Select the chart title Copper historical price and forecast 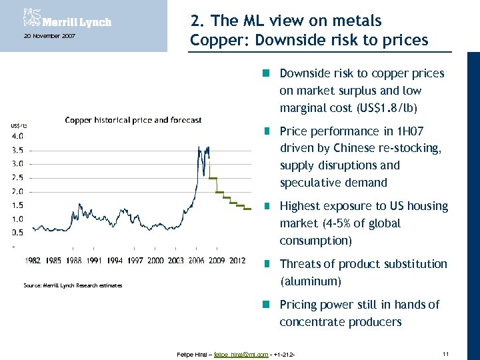[x=133, y=120]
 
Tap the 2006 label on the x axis [x=195, y=260]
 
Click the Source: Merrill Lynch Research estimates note [x=73, y=285]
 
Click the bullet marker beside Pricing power [x=265, y=305]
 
